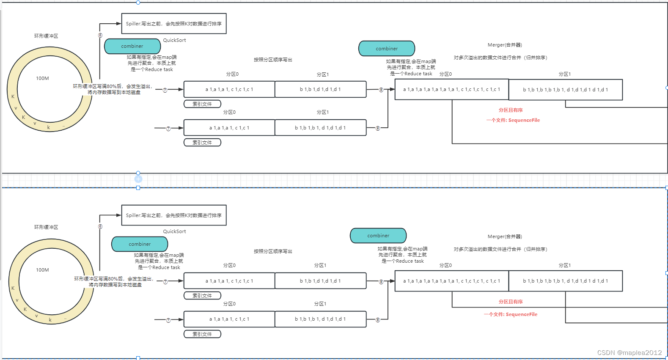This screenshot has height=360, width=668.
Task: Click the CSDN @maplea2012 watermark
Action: tap(629, 352)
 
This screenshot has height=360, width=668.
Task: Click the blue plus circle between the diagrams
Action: tap(138, 179)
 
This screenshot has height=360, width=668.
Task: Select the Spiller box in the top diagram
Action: tap(173, 24)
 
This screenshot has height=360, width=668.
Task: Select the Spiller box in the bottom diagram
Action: tap(173, 215)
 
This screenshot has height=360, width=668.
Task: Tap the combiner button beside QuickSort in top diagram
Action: tap(132, 46)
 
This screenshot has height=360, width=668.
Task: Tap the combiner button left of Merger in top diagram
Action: tap(387, 49)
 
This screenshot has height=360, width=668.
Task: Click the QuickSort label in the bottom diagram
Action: tap(174, 231)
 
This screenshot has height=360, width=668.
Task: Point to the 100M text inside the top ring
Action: tap(42, 78)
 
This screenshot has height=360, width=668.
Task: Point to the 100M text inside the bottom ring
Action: tap(42, 270)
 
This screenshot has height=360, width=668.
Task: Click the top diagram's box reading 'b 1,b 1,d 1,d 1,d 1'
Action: tap(320, 89)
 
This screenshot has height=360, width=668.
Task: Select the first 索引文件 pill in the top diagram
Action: tap(202, 104)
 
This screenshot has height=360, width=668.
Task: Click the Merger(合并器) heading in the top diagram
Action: tap(505, 45)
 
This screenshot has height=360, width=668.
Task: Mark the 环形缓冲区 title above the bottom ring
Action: tap(46, 227)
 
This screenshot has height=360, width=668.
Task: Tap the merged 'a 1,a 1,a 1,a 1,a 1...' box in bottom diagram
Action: tap(451, 281)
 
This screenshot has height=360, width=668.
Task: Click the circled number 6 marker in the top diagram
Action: tap(100, 36)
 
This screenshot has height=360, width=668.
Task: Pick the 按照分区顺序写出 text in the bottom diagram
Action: tap(273, 251)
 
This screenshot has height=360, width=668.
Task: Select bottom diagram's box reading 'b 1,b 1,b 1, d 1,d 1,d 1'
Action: tap(320, 319)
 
